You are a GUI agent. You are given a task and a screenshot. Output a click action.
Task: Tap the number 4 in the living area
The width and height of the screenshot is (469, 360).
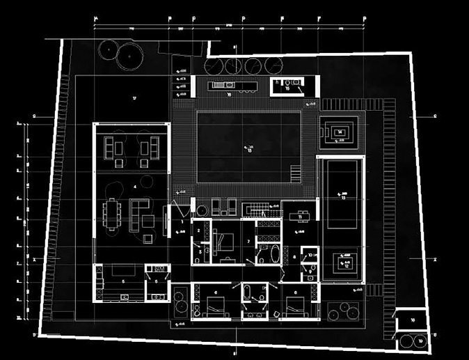[134, 187]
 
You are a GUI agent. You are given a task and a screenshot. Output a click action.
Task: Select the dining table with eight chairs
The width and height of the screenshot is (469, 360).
[113, 213]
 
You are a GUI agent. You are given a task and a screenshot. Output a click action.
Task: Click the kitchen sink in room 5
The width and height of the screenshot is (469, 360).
[125, 297]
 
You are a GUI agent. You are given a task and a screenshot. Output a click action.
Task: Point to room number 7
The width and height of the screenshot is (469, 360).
[249, 241]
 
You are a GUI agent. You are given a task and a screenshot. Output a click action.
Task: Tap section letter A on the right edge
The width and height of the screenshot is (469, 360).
[434, 258]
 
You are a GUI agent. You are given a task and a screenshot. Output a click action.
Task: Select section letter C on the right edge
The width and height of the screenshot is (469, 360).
[434, 116]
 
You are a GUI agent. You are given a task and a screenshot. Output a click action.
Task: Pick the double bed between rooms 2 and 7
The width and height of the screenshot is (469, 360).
[225, 243]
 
